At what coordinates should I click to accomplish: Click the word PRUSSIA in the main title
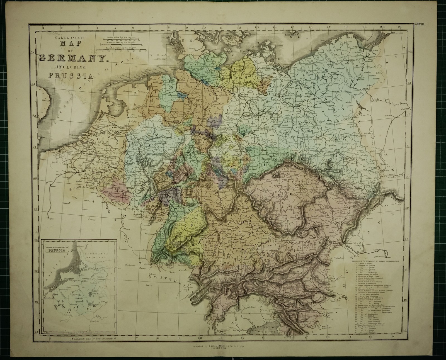point(71,75)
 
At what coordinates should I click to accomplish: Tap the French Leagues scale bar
point(122,49)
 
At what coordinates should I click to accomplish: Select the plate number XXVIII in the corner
point(419,24)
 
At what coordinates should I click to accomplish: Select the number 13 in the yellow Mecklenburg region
point(237,78)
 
